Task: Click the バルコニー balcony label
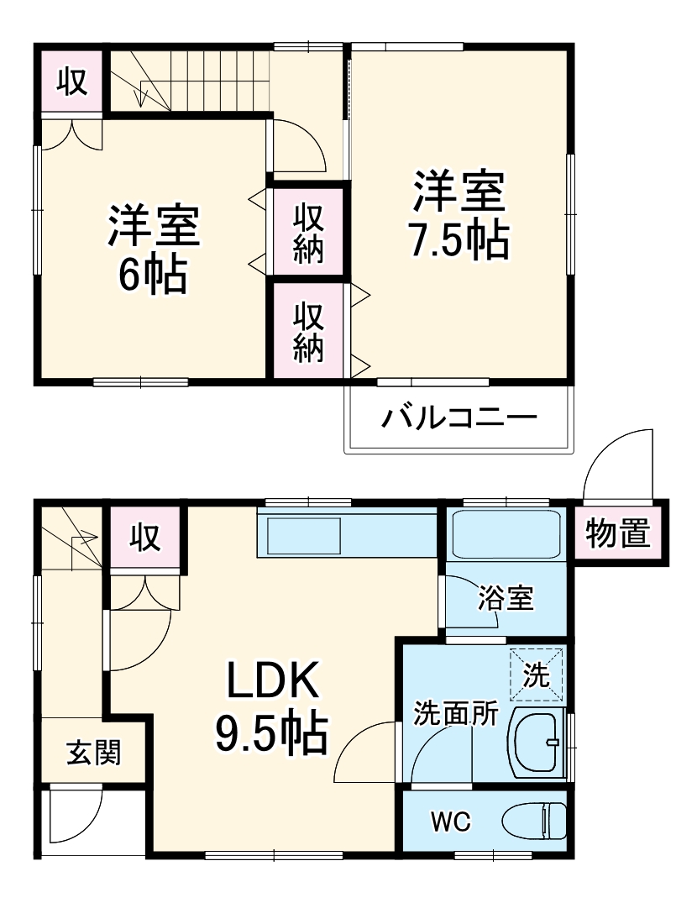point(459,417)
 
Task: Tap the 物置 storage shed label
point(618,533)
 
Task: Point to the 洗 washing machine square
point(537,673)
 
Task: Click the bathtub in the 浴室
point(506,533)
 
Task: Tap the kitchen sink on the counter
point(303,534)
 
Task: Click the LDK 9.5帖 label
point(271,708)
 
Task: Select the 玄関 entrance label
point(94,753)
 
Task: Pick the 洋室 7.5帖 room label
point(459,215)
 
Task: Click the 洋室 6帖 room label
point(153,249)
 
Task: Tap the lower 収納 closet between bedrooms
point(308,331)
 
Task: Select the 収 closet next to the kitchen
point(144,537)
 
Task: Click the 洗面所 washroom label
point(456,714)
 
